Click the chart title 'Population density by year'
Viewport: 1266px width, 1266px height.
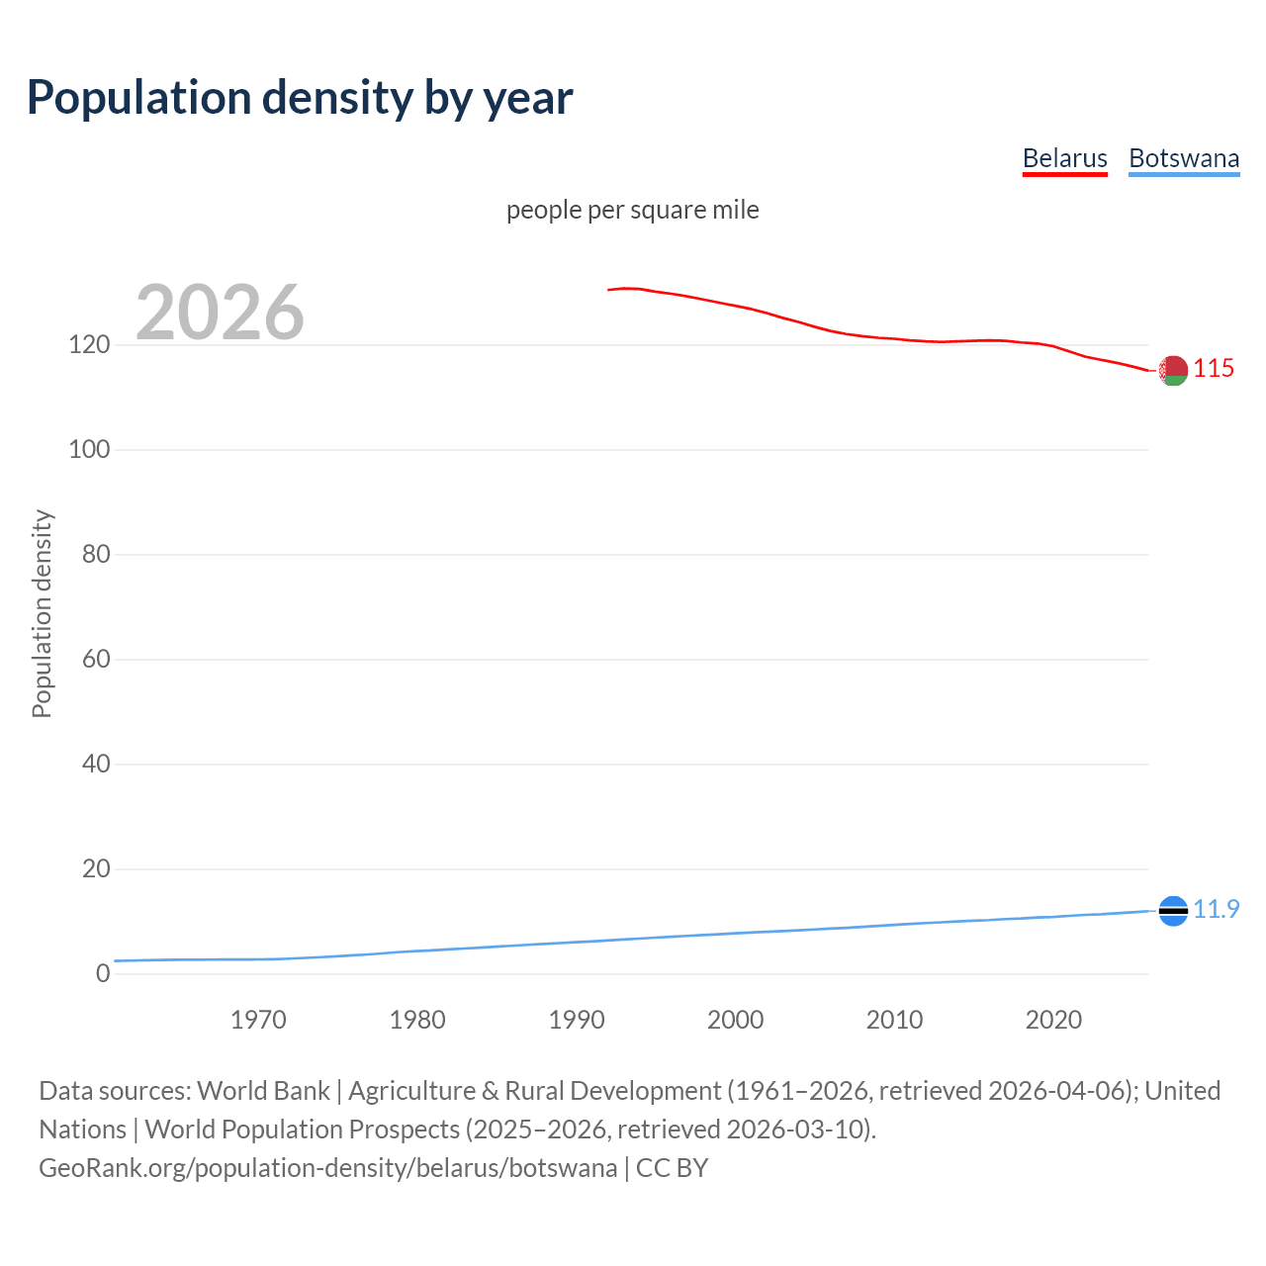[x=300, y=97]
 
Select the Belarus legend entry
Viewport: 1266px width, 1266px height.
[x=1064, y=158]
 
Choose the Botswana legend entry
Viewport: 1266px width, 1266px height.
[x=1184, y=158]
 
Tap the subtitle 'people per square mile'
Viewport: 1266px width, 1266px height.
[x=632, y=210]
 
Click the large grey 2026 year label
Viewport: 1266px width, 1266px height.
[x=220, y=313]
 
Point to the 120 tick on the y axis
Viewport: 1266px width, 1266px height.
[x=89, y=345]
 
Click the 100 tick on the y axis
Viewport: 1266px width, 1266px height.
[x=89, y=450]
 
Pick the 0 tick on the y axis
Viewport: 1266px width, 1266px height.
[x=103, y=974]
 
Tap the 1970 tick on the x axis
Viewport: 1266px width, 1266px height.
[x=258, y=1020]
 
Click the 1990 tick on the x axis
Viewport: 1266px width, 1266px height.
[x=577, y=1020]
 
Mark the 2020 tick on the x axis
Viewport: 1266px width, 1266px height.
[x=1053, y=1020]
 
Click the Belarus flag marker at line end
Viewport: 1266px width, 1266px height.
[x=1173, y=370]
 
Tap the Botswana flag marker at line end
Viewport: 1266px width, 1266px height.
[x=1173, y=910]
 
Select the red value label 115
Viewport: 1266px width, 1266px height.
[x=1214, y=368]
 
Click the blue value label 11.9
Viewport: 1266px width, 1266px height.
[x=1216, y=909]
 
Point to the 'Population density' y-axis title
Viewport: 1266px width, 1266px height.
[x=42, y=613]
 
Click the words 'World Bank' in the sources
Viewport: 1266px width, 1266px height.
[x=263, y=1091]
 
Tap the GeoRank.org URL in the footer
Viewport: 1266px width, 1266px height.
[x=327, y=1168]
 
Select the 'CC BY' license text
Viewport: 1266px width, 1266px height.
[x=673, y=1168]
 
